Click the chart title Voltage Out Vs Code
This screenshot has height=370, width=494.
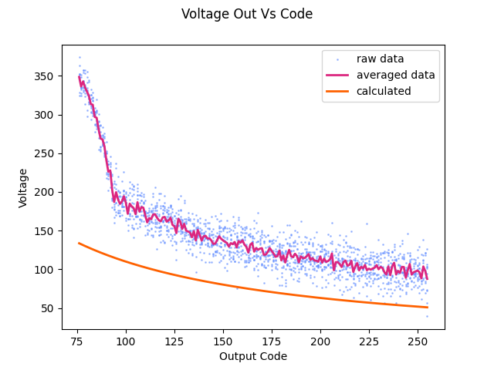coord(247,14)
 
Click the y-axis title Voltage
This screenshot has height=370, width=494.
coord(23,187)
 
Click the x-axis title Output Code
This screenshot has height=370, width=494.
coord(253,356)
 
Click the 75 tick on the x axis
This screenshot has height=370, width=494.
coord(77,340)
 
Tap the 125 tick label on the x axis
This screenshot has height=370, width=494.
coord(174,340)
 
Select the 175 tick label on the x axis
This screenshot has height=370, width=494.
coord(272,340)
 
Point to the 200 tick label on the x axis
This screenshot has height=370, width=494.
coord(320,340)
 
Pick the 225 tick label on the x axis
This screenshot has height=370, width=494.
coord(369,340)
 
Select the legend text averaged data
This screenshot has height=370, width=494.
coord(395,75)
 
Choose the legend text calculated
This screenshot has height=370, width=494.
coord(384,91)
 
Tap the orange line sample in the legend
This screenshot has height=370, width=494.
coord(339,91)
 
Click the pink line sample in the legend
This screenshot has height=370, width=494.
coord(339,75)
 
